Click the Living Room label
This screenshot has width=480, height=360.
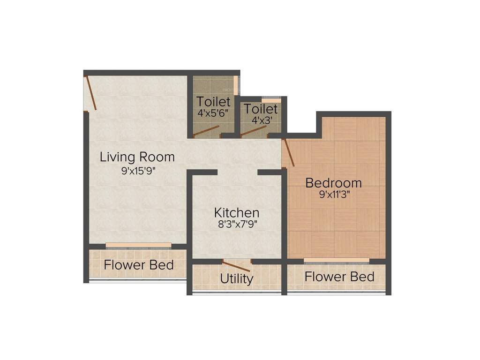pos(137,157)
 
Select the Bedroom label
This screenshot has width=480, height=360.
pos(334,182)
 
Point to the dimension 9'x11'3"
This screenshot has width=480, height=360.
pos(334,195)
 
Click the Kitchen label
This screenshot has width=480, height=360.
pos(237,212)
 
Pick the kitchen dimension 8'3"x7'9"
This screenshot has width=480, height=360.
pos(237,224)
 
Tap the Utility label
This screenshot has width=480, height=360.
pos(237,278)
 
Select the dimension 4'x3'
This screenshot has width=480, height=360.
pos(261,120)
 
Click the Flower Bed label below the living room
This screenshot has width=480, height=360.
pos(139,265)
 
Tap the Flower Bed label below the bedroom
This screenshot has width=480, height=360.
pos(339,277)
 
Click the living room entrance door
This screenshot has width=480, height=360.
pos(91,93)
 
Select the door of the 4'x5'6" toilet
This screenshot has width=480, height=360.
pos(206,131)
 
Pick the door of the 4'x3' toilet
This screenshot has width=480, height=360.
pos(254,131)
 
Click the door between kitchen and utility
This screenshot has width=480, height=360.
pos(237,266)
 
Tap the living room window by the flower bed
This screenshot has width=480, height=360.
pos(138,245)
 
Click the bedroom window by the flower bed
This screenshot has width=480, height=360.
pos(336,260)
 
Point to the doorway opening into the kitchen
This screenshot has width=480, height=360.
pos(237,172)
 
